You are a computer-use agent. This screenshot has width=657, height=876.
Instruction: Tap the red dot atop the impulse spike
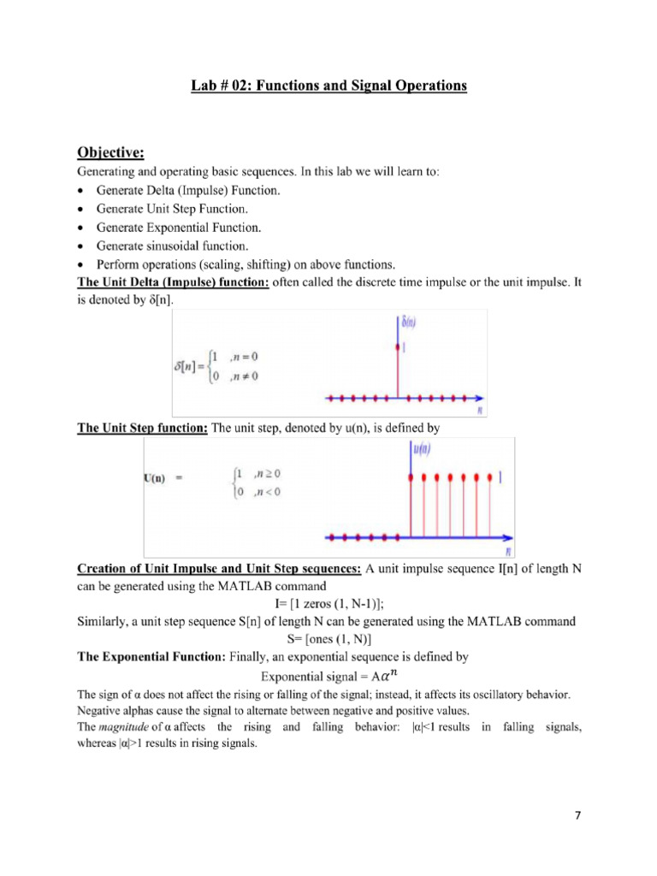tap(395, 347)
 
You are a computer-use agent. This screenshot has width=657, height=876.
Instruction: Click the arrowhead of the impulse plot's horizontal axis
tap(482, 398)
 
